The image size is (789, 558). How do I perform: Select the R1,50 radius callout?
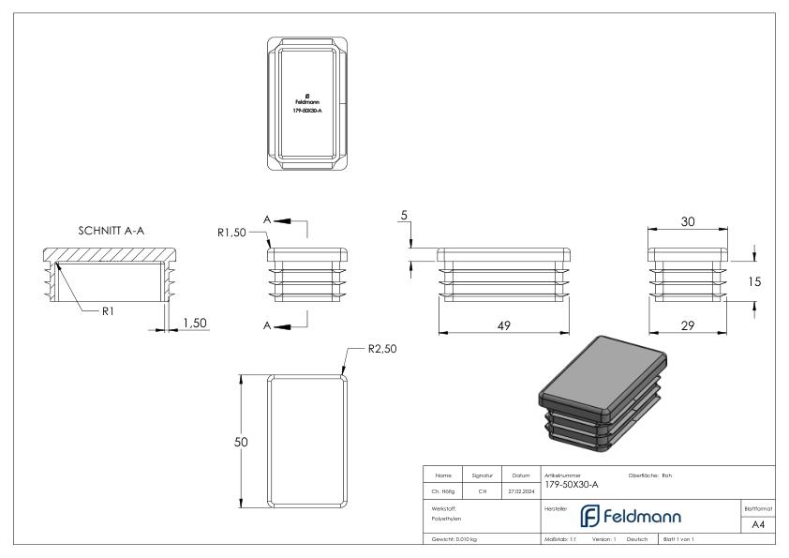[x=232, y=233]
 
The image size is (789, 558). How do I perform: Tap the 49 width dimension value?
[x=504, y=324]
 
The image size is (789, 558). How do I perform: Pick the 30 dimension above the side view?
[x=689, y=222]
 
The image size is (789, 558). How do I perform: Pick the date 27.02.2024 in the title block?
[x=519, y=489]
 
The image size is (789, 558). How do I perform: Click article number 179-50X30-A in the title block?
[x=571, y=485]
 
